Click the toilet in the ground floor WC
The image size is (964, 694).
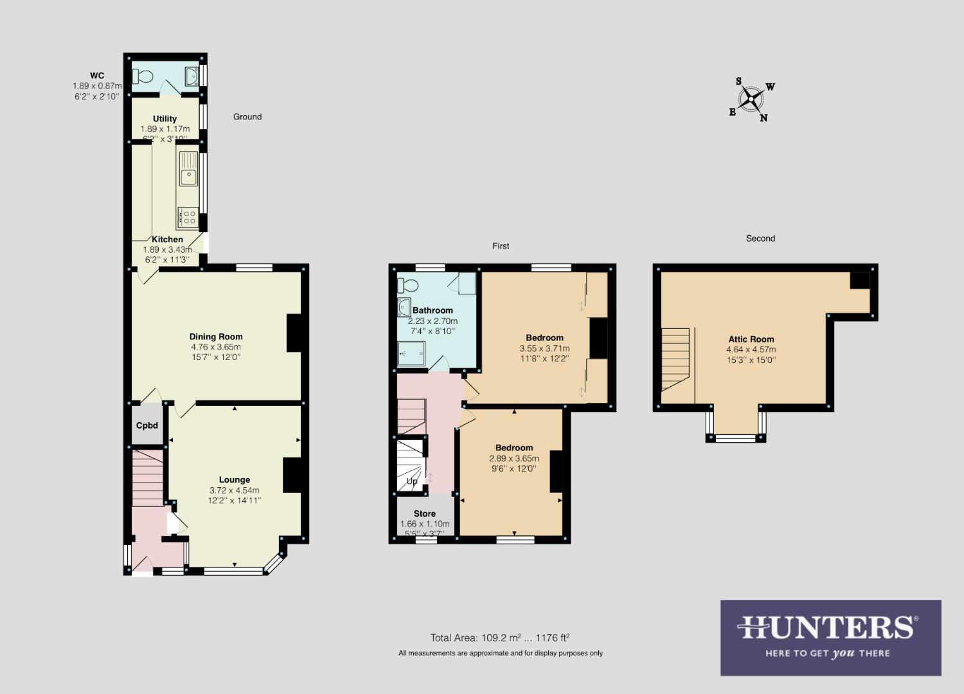pos(143,76)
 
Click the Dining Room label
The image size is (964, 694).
pos(216,337)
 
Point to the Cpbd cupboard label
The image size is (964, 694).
pos(147,425)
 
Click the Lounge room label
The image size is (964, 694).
pos(234,479)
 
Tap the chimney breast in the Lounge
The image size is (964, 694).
pos(292,474)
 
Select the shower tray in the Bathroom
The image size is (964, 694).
pos(411,353)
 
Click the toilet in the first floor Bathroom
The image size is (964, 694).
pos(407,285)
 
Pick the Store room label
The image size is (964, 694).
pos(424,513)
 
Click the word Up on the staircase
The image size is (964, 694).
pos(412,481)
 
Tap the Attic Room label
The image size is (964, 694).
pos(751,339)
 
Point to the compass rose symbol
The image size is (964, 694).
pos(751,99)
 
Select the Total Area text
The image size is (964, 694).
pos(500,638)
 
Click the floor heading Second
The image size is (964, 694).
pos(760,238)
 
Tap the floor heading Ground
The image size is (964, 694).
pos(247,117)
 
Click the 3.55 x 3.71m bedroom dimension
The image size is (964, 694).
pos(544,348)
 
